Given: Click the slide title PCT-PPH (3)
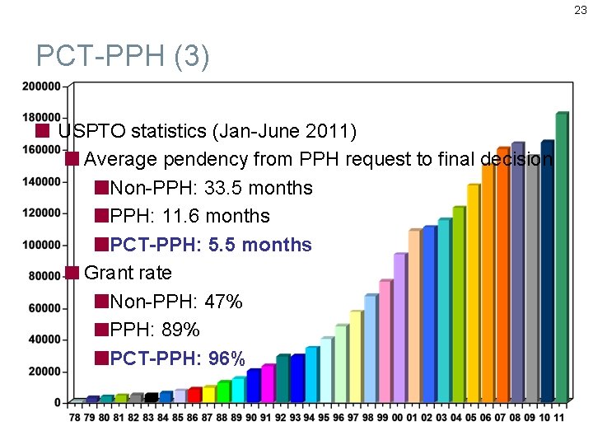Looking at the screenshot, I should pos(124,57).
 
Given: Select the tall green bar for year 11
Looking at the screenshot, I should pos(562,255).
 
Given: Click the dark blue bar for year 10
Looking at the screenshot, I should pos(547,272).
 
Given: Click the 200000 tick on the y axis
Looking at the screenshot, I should pos(41,86).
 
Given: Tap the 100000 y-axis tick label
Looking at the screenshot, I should pos(41,245).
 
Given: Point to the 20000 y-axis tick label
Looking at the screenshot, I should pos(44,372).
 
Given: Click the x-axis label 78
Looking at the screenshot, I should pos(75,418).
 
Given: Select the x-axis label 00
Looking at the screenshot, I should pos(399,418).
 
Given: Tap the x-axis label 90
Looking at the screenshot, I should pos(251,418).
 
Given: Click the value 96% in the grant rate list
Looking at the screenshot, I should pos(226,358).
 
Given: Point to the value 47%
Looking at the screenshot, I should pos(223,302).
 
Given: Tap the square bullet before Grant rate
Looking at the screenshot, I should pos(72,273).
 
